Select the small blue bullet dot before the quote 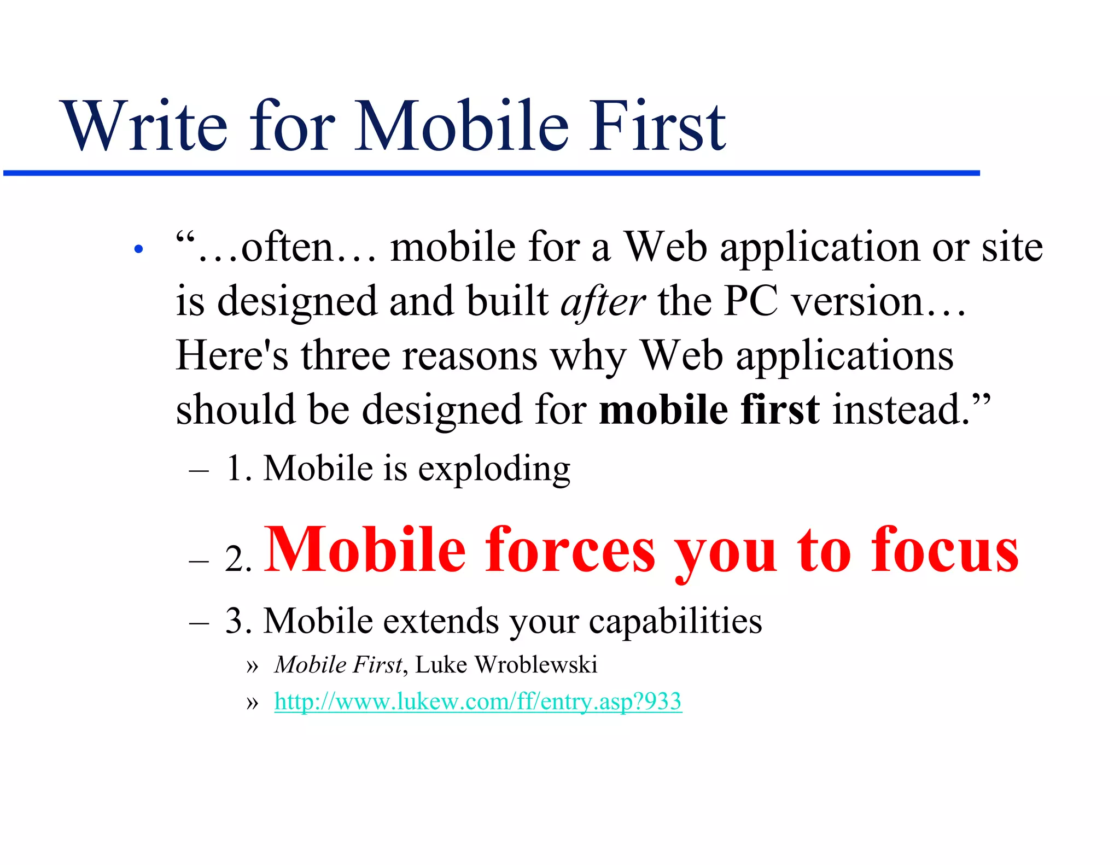138,249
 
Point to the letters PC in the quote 750,302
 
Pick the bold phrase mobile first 709,410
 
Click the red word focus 944,550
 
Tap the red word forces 570,550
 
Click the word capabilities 675,622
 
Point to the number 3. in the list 238,622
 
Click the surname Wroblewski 536,665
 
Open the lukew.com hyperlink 478,702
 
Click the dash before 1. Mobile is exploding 199,470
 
